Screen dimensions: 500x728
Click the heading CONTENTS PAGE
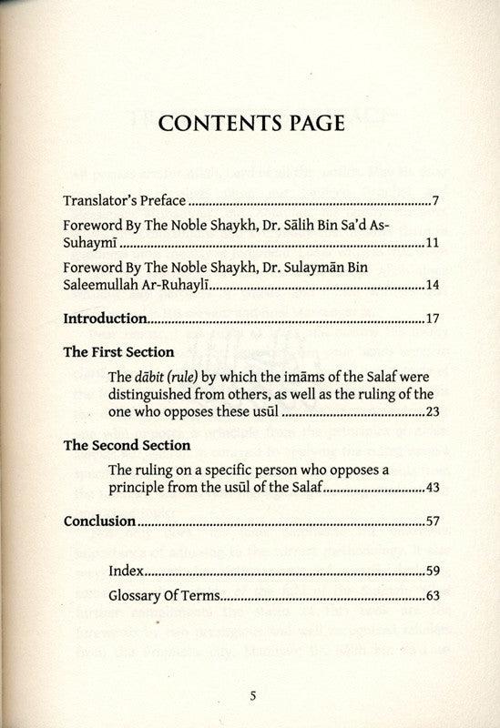(251, 123)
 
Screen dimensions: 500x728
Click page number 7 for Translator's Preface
(436, 200)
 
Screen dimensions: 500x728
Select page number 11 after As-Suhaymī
(433, 245)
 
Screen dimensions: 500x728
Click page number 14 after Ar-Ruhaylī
(433, 288)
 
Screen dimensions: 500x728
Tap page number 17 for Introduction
(433, 319)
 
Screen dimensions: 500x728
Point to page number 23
(433, 412)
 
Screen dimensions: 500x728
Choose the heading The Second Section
(127, 446)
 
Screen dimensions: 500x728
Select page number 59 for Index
(433, 573)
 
